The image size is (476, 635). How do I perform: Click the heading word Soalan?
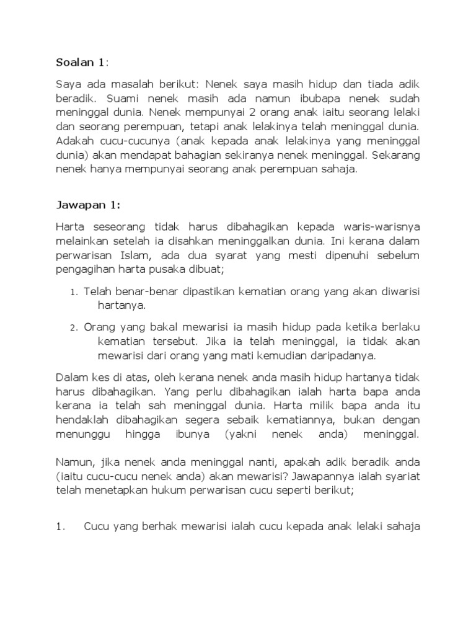tap(73, 62)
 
